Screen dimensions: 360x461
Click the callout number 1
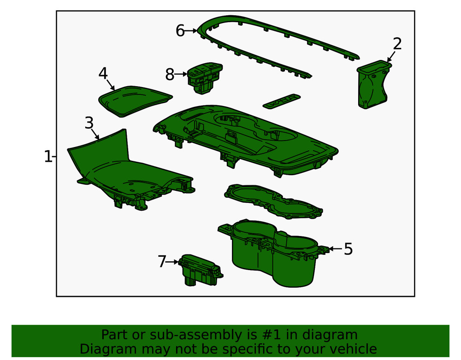48,157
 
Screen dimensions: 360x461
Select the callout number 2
397,44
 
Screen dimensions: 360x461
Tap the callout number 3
89,123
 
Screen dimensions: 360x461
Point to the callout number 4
103,73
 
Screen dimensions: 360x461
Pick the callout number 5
348,249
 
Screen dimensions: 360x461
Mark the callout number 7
161,262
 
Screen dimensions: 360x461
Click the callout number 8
170,74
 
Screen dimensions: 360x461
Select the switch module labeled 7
199,271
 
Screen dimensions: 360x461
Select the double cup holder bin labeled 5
272,254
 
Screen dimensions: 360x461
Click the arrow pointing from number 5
336,249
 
